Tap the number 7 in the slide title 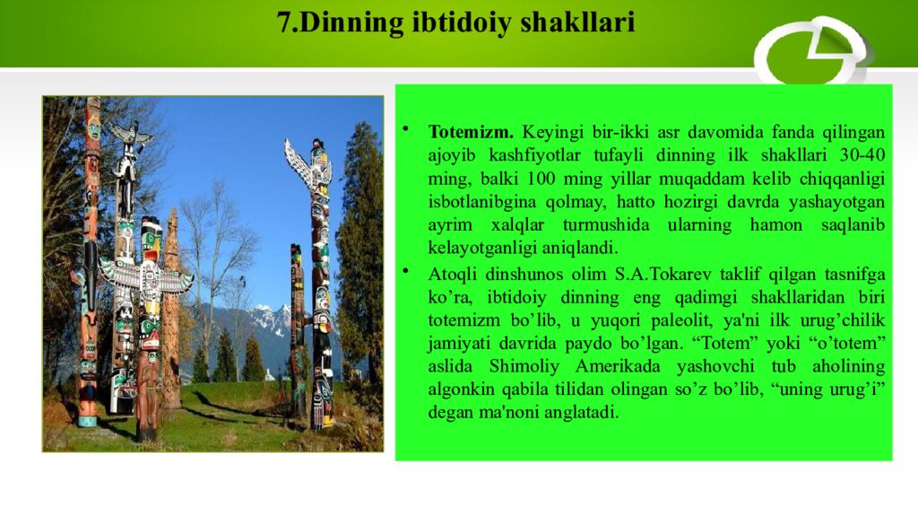click(285, 22)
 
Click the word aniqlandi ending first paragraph click(577, 249)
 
